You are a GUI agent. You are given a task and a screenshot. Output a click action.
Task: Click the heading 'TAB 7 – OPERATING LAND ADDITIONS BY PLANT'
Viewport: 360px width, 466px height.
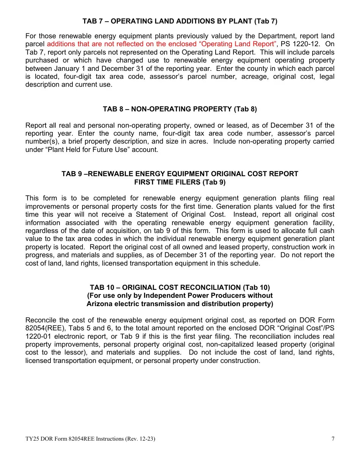pyautogui.click(x=180, y=21)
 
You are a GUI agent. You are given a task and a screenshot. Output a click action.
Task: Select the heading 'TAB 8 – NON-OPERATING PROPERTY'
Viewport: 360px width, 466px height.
pyautogui.click(x=180, y=109)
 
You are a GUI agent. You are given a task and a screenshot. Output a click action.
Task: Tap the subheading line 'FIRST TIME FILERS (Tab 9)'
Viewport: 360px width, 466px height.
pyautogui.click(x=180, y=182)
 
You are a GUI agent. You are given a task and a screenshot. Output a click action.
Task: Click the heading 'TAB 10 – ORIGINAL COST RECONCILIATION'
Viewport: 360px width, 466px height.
pyautogui.click(x=180, y=288)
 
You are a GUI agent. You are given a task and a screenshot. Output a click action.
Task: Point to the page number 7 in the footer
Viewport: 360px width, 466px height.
pyautogui.click(x=333, y=439)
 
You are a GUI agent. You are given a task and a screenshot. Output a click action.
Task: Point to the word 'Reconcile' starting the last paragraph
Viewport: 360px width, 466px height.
pyautogui.click(x=39, y=320)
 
